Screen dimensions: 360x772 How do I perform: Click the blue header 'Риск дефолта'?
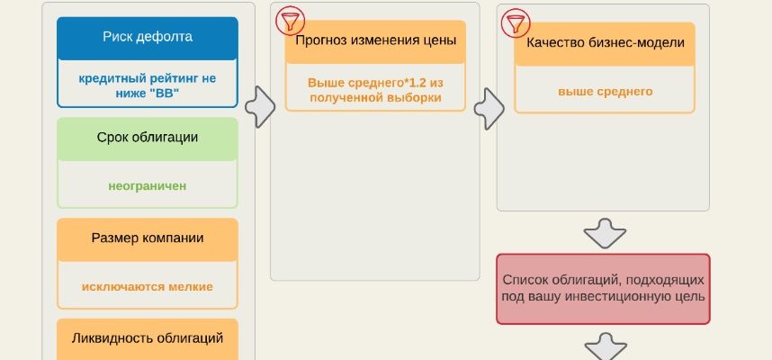coord(148,37)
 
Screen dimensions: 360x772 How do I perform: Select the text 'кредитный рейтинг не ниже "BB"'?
coord(148,85)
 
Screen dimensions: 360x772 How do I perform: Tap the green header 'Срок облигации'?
coord(148,138)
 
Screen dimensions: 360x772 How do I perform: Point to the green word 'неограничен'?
coord(148,186)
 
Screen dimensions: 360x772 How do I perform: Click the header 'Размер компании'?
coord(148,238)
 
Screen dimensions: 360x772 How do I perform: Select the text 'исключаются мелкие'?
coord(148,286)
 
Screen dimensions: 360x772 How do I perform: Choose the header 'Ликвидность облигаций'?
coord(148,338)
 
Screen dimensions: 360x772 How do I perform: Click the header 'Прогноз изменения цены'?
coord(375,41)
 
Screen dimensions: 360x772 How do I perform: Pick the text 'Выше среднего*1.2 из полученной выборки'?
coord(375,89)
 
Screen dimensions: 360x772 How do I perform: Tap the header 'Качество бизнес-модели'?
coord(605,43)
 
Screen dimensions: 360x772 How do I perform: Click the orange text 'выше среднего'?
coord(605,91)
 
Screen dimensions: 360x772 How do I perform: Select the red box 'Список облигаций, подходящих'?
coord(604,288)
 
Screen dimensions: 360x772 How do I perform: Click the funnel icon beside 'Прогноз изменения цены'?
coord(289,20)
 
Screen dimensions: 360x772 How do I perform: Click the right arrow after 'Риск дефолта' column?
coord(259,107)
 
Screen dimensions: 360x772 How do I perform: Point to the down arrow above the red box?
coord(604,232)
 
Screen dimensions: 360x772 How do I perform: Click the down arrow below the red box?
coord(604,346)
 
